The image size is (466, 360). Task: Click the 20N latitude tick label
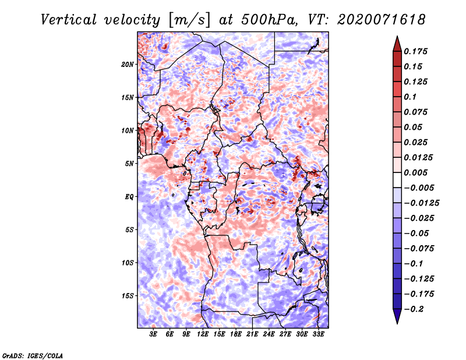pyautogui.click(x=128, y=64)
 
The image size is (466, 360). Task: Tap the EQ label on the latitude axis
pyautogui.click(x=129, y=197)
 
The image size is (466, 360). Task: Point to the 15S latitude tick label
pyautogui.click(x=128, y=296)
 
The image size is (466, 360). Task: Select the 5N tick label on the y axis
pyautogui.click(x=129, y=164)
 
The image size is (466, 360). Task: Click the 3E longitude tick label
pyautogui.click(x=153, y=334)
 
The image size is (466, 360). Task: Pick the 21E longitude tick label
pyautogui.click(x=252, y=334)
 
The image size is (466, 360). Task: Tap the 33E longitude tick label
pyautogui.click(x=318, y=334)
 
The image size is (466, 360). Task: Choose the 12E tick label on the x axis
pyautogui.click(x=203, y=334)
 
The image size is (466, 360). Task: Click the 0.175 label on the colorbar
pyautogui.click(x=415, y=51)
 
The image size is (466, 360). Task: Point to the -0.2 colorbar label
pyautogui.click(x=414, y=309)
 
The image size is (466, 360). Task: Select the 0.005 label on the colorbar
pyautogui.click(x=415, y=172)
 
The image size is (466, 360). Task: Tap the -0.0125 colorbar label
pyautogui.click(x=421, y=203)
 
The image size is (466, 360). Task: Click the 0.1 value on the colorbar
pyautogui.click(x=410, y=97)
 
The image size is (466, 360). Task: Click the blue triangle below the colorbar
pyautogui.click(x=397, y=316)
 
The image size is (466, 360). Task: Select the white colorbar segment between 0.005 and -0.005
pyautogui.click(x=397, y=180)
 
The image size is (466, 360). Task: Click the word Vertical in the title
pyautogui.click(x=69, y=20)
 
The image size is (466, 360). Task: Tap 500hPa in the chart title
pyautogui.click(x=269, y=20)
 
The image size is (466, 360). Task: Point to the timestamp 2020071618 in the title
pyautogui.click(x=382, y=20)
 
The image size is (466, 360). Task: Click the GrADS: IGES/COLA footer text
pyautogui.click(x=33, y=355)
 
